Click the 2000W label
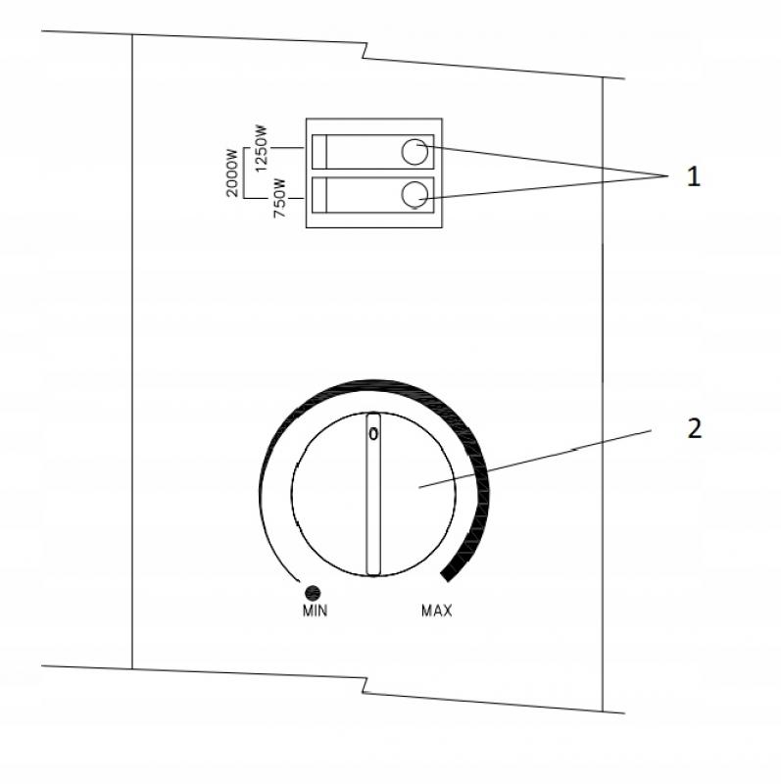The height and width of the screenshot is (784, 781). coord(232,172)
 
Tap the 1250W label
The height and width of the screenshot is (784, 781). coord(261,148)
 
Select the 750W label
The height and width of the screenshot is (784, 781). coord(279,198)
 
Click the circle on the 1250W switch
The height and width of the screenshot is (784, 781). coord(415,152)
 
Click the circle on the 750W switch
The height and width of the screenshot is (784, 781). coord(415,194)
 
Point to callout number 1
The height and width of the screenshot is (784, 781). coord(693,176)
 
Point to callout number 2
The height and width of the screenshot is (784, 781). coord(694,428)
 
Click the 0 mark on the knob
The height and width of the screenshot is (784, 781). coord(373,434)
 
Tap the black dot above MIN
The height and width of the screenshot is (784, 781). coord(313,593)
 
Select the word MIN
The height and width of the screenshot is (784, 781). coord(315,611)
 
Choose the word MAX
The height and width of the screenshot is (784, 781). coord(436,611)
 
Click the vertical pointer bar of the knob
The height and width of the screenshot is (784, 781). coord(373,494)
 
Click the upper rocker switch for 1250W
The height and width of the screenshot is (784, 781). coord(373,152)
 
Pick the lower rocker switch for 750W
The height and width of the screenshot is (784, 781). coord(373,195)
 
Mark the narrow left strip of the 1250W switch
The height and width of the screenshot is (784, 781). coord(319,152)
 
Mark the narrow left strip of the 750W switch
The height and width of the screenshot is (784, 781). coord(319,195)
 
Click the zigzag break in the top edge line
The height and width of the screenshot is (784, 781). coord(365,51)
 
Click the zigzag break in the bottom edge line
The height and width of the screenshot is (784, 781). coord(365,685)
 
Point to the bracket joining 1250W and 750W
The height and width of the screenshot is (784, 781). coord(243,173)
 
